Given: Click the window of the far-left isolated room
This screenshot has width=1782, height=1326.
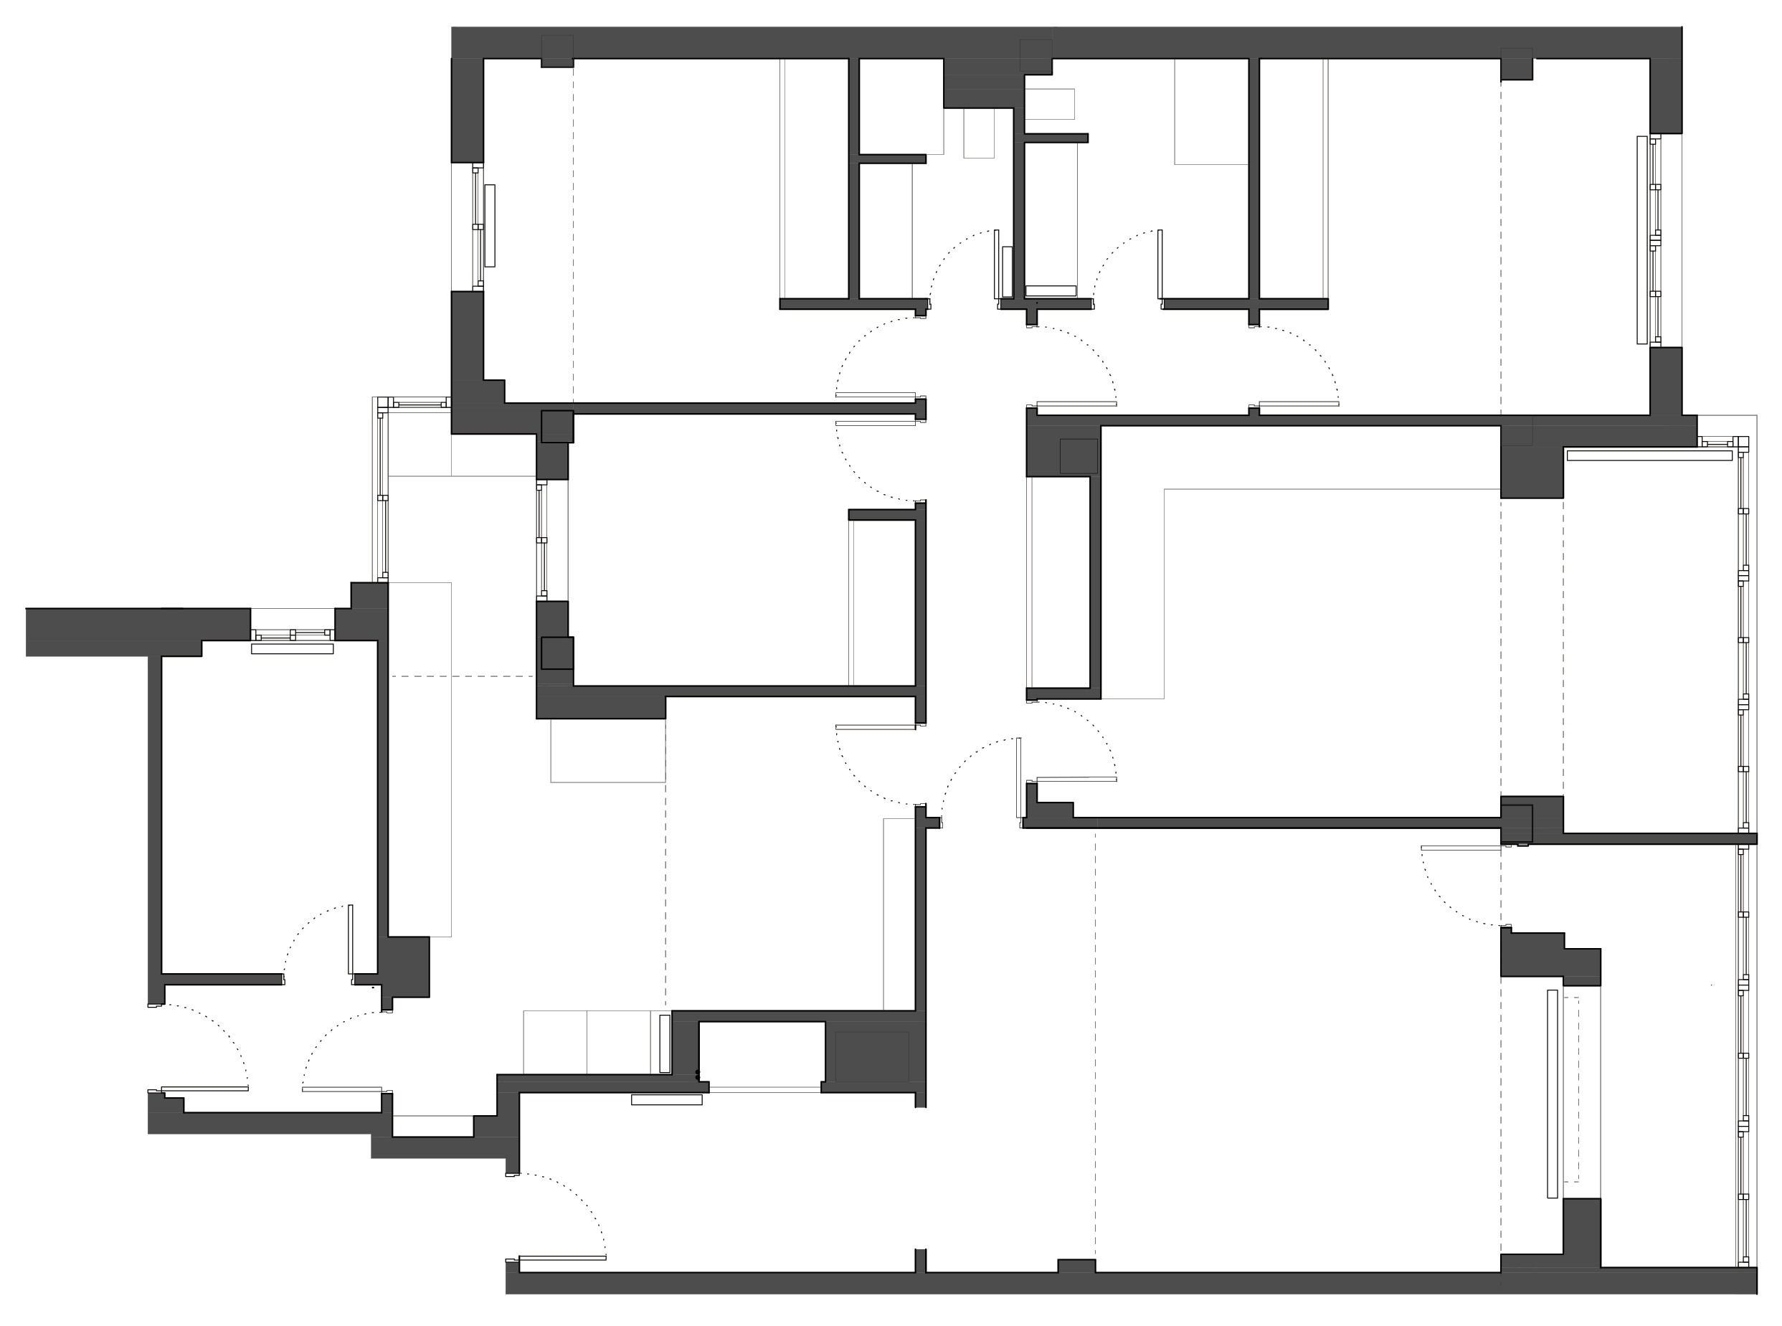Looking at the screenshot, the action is click(x=292, y=635).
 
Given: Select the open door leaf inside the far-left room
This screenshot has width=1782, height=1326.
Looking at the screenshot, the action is click(x=350, y=939).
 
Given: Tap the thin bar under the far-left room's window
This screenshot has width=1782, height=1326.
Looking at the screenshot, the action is click(x=292, y=648).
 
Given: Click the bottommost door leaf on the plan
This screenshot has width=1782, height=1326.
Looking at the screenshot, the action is click(x=562, y=1258).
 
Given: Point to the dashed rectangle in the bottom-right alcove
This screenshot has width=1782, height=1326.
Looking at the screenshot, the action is click(x=1571, y=1089).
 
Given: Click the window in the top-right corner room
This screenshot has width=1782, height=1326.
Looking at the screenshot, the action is click(x=1654, y=241).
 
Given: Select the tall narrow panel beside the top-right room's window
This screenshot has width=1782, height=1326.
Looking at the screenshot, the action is click(x=1641, y=240).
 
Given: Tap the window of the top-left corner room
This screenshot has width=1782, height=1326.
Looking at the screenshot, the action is click(x=478, y=227).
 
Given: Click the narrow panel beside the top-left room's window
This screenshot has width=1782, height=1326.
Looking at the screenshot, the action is click(x=490, y=226).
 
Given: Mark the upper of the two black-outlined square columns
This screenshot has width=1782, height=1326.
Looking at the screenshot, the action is click(x=557, y=426).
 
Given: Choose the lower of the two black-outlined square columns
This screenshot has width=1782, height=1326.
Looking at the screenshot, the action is click(x=557, y=653).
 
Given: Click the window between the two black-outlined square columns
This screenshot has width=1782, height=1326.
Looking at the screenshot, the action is click(x=542, y=540).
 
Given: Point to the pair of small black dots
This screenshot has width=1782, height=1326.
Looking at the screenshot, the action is click(x=697, y=1074).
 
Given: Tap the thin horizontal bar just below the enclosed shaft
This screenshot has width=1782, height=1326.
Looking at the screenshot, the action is click(x=666, y=1099).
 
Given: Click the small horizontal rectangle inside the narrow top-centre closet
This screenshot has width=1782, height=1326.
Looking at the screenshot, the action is click(x=1051, y=290).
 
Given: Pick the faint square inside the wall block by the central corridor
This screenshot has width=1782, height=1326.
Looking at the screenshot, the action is click(x=1078, y=456).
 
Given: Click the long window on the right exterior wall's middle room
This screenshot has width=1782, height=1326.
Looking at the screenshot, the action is click(x=1742, y=642).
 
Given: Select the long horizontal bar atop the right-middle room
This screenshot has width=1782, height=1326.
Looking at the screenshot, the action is click(x=1649, y=456).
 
